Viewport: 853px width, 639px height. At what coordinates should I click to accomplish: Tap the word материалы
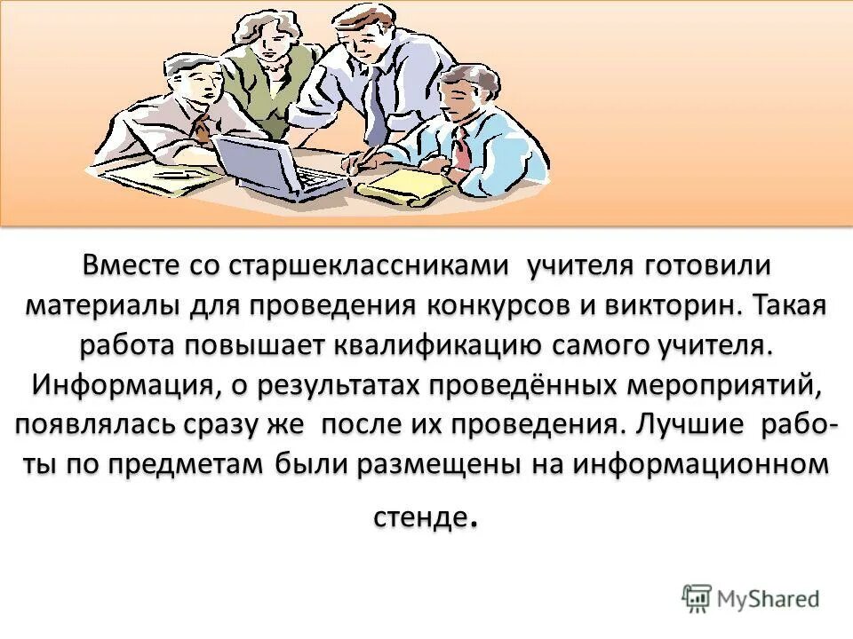point(100,305)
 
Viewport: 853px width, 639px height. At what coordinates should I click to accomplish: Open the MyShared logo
point(752,598)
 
